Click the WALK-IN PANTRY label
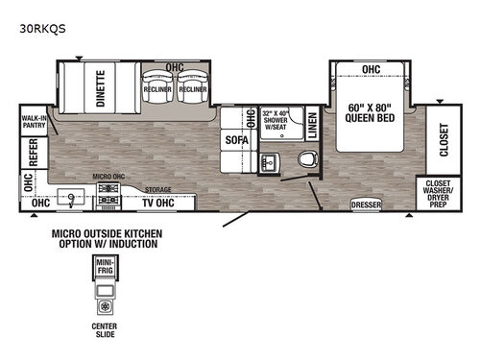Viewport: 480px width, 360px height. pos(36,122)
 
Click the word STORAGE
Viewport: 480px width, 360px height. pos(158,190)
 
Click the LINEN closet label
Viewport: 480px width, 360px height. pos(312,127)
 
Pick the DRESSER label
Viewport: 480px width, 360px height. pos(365,204)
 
